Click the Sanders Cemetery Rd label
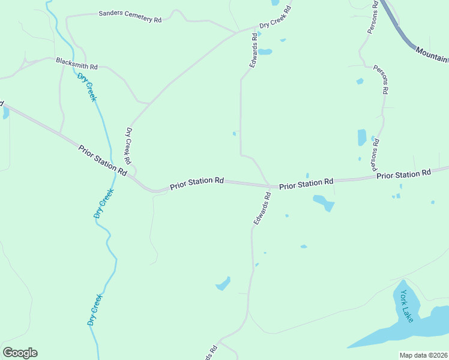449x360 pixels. pos(130,16)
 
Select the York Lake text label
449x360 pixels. pos(407,306)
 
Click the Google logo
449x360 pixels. pos(20,353)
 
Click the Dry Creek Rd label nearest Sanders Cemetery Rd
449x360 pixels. pos(275,18)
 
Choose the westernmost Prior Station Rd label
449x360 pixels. pos(103,160)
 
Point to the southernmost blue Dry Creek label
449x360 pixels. pos(95,310)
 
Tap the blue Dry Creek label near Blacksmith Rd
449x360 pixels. pos(86,87)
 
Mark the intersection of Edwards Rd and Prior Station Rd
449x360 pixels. pos(268,185)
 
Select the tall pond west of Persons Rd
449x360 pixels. pos(362,137)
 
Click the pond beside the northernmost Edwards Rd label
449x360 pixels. pos(265,52)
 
